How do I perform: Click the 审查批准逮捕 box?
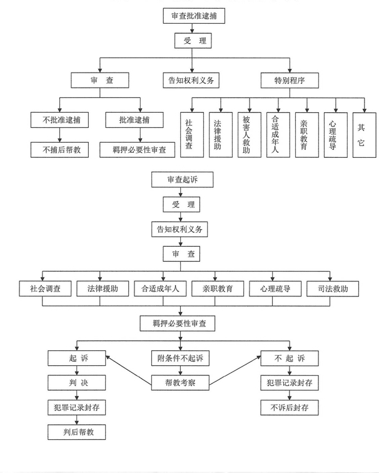[x=194, y=16]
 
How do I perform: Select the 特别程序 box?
[x=290, y=81]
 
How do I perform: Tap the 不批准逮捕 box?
[x=59, y=120]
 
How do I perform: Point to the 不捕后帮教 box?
[x=59, y=150]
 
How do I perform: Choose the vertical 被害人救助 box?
[x=250, y=135]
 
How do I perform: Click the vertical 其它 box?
[x=364, y=135]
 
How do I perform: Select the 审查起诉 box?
[x=183, y=180]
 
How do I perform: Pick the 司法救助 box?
[x=333, y=289]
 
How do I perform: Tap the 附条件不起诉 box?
[x=180, y=358]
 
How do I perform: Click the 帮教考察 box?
[x=180, y=383]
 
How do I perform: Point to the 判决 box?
[x=77, y=383]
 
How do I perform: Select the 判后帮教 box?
[x=77, y=432]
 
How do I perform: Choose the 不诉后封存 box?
[x=290, y=408]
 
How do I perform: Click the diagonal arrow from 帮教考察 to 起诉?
[x=129, y=371]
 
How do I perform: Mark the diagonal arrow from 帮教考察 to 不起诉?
[x=235, y=371]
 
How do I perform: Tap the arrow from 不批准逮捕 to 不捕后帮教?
[x=59, y=135]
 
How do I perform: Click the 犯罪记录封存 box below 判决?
[x=77, y=408]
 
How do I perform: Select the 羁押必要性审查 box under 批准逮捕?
[x=138, y=150]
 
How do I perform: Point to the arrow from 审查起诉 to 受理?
[x=181, y=192]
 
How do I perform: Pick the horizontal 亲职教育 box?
[x=218, y=289]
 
